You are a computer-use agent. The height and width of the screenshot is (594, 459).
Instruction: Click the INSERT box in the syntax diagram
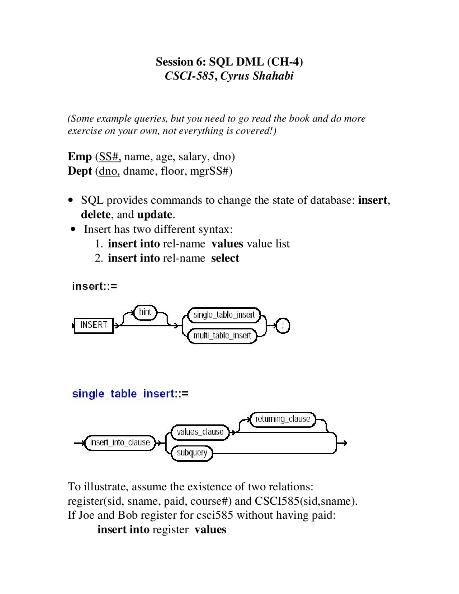[94, 325]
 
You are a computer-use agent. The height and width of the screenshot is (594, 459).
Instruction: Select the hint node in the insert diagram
[145, 312]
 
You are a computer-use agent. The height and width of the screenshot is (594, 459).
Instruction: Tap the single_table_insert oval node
[224, 315]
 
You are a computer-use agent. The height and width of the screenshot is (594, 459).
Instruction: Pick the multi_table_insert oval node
[222, 336]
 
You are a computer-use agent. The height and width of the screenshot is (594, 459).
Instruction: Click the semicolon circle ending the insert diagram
[283, 326]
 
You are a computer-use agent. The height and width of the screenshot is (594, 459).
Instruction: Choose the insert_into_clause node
[120, 442]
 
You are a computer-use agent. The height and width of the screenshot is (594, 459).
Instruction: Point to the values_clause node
[200, 432]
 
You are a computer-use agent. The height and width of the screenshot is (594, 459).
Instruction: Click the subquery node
[192, 453]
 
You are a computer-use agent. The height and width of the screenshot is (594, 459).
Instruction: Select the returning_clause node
[283, 419]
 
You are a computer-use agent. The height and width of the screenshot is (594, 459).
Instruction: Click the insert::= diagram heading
[94, 286]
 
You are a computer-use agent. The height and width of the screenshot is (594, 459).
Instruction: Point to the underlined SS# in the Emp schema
[110, 157]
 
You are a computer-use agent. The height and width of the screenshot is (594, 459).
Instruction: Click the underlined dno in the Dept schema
[109, 171]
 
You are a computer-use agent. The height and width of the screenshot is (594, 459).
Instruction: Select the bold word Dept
[80, 171]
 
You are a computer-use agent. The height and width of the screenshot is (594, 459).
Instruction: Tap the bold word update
[155, 214]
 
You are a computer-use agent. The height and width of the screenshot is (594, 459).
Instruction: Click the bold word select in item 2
[225, 258]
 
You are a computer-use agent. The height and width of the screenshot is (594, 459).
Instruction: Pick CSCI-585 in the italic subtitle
[189, 76]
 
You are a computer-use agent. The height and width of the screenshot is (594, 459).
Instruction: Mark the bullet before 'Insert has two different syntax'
[73, 229]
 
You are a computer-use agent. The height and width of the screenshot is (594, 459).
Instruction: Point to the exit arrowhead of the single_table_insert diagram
[345, 443]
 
